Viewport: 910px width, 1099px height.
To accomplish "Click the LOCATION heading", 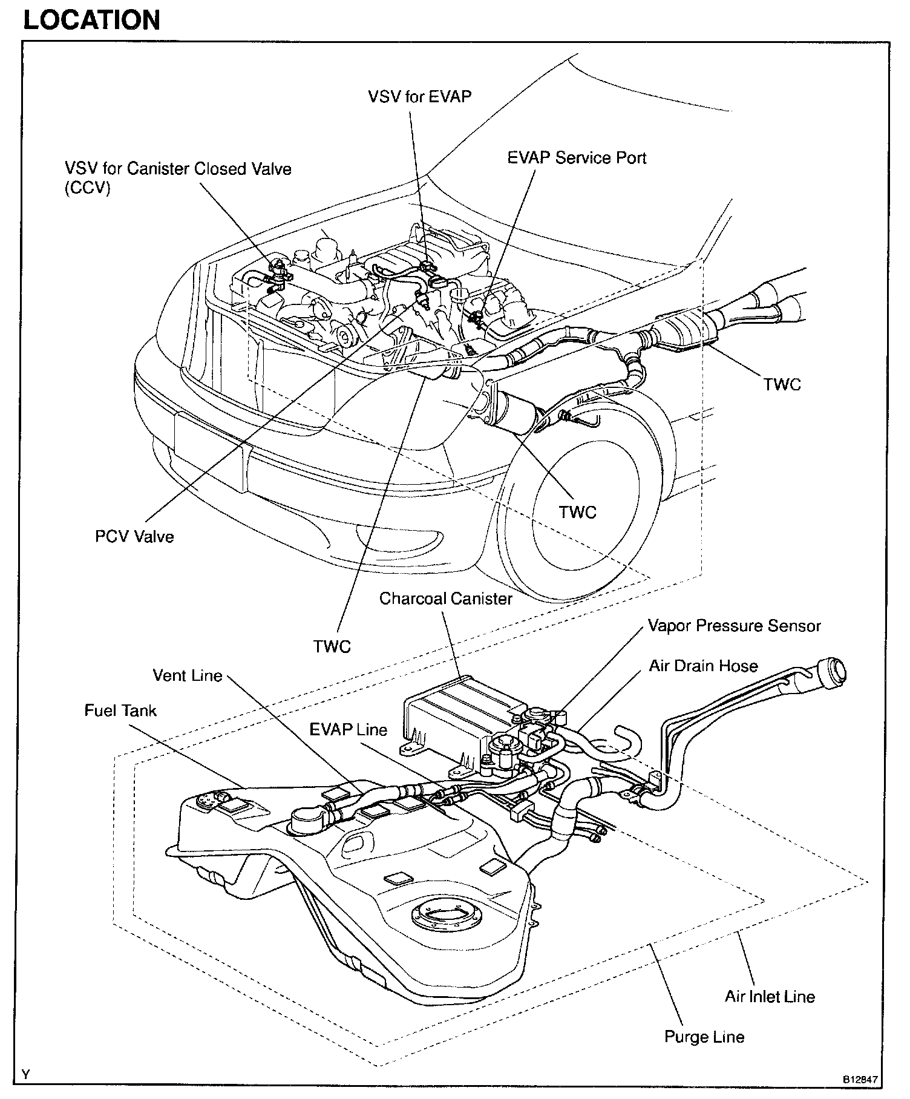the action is (x=91, y=19).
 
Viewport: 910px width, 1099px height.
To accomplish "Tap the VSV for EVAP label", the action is (x=419, y=96).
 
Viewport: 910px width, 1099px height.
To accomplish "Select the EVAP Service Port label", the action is (x=577, y=158).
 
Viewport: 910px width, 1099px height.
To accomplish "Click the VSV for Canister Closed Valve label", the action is (x=178, y=177).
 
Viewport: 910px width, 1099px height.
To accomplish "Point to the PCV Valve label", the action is (x=134, y=536).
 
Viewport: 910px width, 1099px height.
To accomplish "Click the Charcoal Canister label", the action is (x=445, y=599).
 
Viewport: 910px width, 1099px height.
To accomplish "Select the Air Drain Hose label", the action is (x=703, y=666).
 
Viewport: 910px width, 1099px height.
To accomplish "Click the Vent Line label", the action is (x=188, y=675).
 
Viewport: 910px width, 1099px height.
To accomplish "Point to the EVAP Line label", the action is (x=348, y=729).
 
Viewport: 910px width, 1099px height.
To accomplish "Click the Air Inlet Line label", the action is (x=770, y=997).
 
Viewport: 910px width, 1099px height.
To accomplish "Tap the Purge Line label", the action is (x=704, y=1037).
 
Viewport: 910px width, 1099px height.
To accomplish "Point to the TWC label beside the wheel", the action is (x=577, y=512).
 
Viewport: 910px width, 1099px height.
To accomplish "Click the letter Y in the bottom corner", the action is (x=26, y=1075).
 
